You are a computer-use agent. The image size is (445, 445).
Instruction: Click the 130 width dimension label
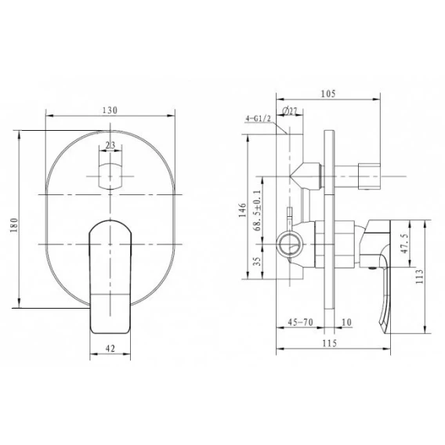pyautogui.click(x=110, y=110)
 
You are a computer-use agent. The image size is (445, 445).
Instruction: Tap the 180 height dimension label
pyautogui.click(x=14, y=225)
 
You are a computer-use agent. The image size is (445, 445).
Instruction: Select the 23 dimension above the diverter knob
pyautogui.click(x=110, y=145)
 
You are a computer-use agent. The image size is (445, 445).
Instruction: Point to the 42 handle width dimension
pyautogui.click(x=110, y=348)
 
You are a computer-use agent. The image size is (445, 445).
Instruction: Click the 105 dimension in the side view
pyautogui.click(x=328, y=94)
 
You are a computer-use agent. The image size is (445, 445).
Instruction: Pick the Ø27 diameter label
pyautogui.click(x=290, y=111)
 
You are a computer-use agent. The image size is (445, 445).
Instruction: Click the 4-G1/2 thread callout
pyautogui.click(x=259, y=118)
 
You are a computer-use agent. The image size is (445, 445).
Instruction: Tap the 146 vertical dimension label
pyautogui.click(x=243, y=210)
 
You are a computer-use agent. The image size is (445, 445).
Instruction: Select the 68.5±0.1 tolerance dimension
pyautogui.click(x=257, y=210)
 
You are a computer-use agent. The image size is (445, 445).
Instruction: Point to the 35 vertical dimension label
pyautogui.click(x=257, y=262)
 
